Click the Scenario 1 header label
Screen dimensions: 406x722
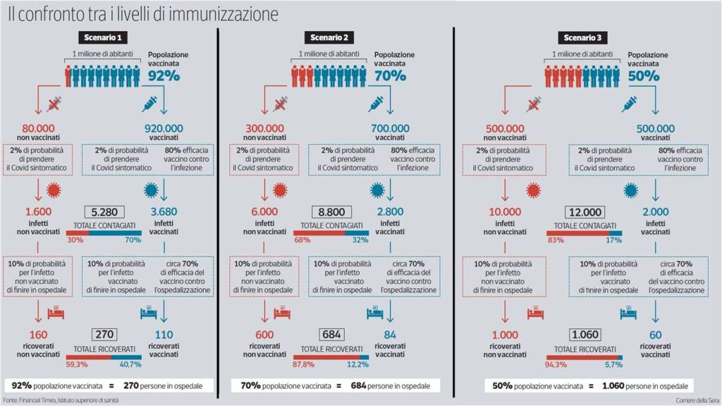(103, 37)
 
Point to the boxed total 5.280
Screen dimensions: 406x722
(104, 211)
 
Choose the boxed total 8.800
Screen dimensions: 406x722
(331, 211)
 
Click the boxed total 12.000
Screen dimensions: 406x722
(585, 211)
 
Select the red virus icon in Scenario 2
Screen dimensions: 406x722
(281, 190)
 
